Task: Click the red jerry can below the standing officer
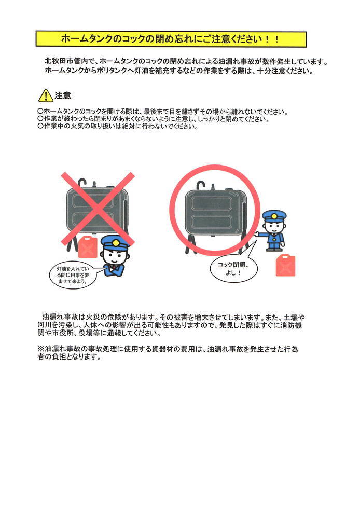286,265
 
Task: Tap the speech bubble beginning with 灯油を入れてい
72,275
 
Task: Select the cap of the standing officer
274,215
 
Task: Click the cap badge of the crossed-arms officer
115,242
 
